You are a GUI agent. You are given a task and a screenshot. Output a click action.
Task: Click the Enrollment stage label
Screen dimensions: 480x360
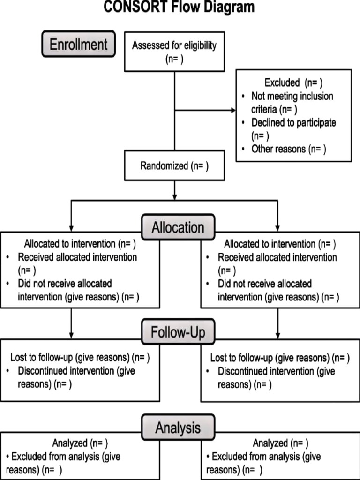[x=78, y=44]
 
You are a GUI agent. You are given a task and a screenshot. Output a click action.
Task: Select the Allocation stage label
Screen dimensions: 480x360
[x=178, y=227]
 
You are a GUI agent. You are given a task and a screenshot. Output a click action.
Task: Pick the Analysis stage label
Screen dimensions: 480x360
[x=178, y=427]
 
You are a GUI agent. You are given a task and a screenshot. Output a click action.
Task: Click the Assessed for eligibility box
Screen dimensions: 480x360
[x=174, y=52]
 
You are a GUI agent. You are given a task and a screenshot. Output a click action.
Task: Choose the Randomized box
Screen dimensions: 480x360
[x=174, y=166]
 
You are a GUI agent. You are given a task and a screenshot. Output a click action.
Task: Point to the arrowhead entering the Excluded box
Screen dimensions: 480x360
[x=233, y=111]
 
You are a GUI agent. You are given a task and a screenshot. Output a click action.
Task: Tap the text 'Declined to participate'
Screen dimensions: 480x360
[x=293, y=123]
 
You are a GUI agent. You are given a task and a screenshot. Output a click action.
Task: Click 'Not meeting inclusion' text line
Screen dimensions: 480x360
[x=292, y=96]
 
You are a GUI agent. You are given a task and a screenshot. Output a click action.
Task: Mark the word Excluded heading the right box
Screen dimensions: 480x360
[x=282, y=83]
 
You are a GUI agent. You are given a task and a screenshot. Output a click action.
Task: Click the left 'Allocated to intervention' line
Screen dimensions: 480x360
[x=80, y=244]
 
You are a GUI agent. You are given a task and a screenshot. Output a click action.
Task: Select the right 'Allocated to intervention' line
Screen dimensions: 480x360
[x=280, y=244]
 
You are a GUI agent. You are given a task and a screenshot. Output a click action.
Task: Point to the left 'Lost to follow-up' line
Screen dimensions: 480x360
[x=80, y=358]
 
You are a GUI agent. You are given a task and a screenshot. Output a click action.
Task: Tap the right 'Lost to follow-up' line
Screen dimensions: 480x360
[x=280, y=358]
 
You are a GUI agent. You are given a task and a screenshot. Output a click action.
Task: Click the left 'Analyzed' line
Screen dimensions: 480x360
[x=80, y=443]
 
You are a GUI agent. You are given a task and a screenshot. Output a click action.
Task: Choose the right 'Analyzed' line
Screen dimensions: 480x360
[x=280, y=443]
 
